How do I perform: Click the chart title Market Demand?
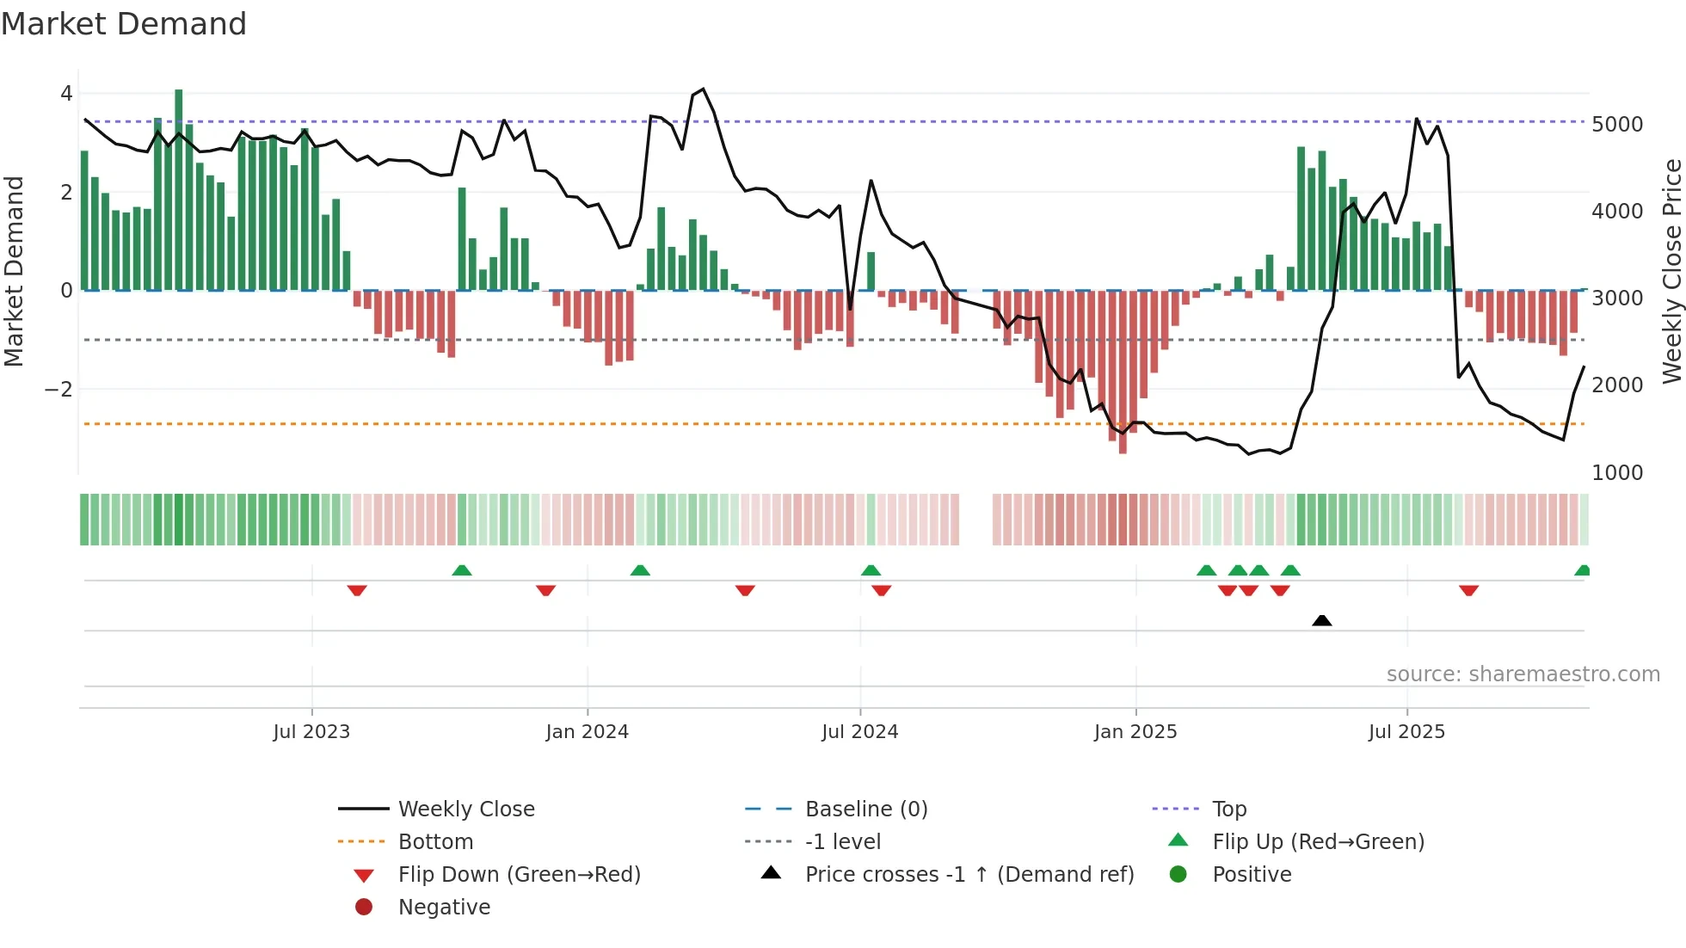pos(124,24)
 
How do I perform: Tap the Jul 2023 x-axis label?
pos(311,732)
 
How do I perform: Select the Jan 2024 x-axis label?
pos(588,732)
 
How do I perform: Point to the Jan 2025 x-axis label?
pos(1135,732)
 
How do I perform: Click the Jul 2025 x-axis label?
pos(1407,732)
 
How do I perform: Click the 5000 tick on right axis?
pos(1617,125)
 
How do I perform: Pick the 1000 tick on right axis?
pos(1617,473)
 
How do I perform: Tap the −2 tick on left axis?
pos(58,390)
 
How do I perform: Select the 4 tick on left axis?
pos(66,94)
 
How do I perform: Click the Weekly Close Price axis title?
pos(1671,271)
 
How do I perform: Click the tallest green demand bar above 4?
pos(179,189)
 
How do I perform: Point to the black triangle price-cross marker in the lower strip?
pos(1322,621)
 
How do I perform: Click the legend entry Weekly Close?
pos(466,809)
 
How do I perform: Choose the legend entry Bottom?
pos(435,842)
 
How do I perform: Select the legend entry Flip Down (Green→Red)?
pos(519,875)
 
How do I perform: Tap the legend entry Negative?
pos(444,908)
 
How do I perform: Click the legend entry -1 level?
pos(843,842)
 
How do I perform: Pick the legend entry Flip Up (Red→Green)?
pos(1318,842)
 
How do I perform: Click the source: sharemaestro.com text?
pos(1523,674)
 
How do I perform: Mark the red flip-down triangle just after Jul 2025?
pos(1469,590)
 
